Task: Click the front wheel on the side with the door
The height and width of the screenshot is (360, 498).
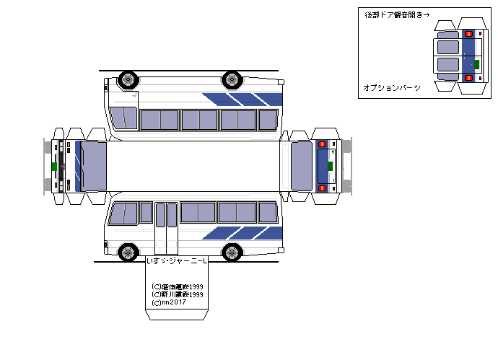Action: (128, 252)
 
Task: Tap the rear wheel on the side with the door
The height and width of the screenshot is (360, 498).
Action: (232, 252)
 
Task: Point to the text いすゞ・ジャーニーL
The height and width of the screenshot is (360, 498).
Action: (176, 260)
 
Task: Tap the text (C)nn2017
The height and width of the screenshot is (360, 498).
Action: (169, 302)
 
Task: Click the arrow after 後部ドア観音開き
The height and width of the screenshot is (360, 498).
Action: (427, 14)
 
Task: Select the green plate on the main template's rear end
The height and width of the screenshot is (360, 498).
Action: (331, 166)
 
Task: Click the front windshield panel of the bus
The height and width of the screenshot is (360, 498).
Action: (93, 165)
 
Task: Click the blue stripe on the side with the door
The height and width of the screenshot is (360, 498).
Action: (242, 233)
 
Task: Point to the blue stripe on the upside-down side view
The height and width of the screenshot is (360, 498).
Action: (242, 98)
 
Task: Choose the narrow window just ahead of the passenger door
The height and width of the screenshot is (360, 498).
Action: (146, 212)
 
